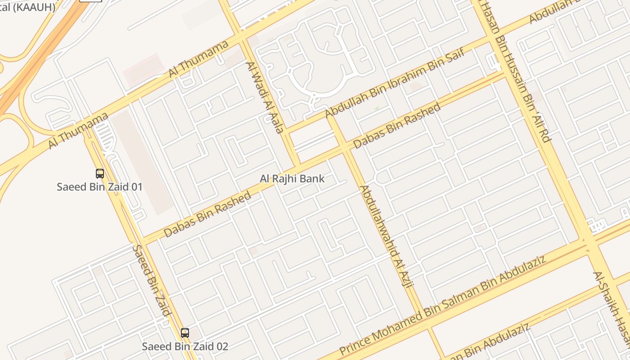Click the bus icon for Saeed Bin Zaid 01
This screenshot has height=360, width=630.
[99, 174]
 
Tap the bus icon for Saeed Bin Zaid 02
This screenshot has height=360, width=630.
[185, 333]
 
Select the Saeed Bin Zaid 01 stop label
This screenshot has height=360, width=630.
[99, 186]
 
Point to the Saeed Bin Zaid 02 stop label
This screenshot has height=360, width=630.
[185, 346]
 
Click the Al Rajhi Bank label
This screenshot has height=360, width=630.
[292, 179]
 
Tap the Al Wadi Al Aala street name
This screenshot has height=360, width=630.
[265, 97]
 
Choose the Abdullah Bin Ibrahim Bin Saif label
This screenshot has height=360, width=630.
[400, 84]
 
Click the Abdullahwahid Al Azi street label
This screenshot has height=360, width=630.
[387, 237]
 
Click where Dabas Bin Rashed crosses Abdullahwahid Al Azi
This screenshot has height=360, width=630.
[344, 147]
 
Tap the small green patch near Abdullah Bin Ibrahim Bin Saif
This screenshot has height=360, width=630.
[377, 108]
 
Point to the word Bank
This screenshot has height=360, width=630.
[312, 179]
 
